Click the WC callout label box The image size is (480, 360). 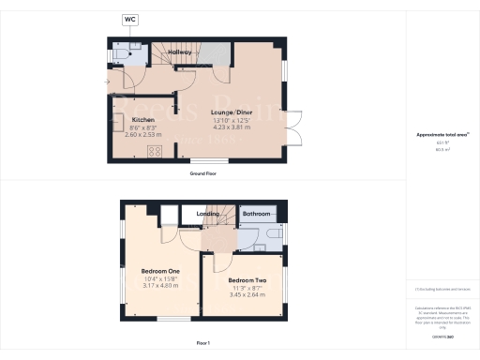(x=128, y=19)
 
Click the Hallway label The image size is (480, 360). (x=180, y=52)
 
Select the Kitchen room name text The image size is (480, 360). (x=142, y=120)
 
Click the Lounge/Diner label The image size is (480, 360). (x=232, y=112)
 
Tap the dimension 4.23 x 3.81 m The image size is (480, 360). (x=232, y=127)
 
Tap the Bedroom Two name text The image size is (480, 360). (x=246, y=279)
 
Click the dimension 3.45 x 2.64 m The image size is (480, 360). (x=246, y=294)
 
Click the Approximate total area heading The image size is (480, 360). (x=442, y=135)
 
